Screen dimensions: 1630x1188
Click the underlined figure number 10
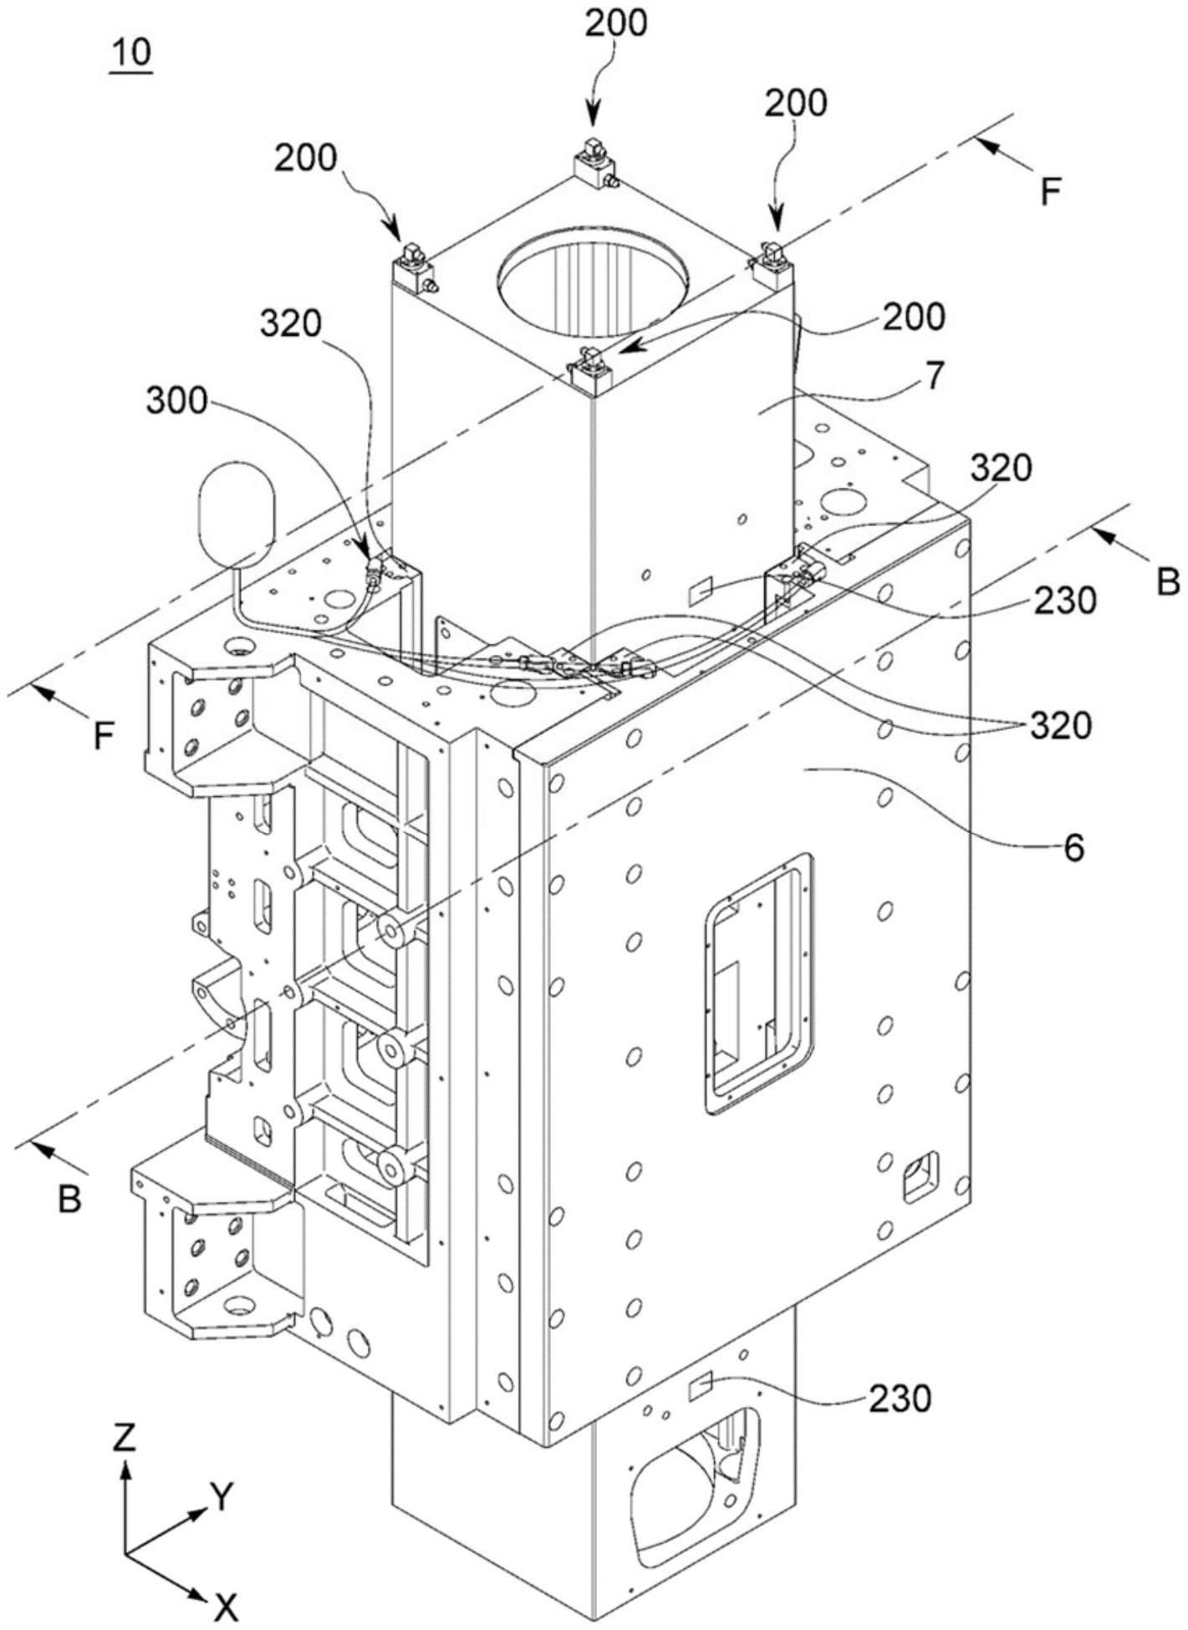[x=130, y=53]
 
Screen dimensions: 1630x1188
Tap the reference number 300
[x=176, y=402]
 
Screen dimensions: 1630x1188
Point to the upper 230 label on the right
[x=1064, y=600]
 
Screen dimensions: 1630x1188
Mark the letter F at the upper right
[x=1050, y=193]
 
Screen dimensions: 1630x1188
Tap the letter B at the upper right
[x=1167, y=581]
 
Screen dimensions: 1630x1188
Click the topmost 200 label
[x=615, y=24]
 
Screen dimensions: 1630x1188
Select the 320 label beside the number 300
[x=290, y=324]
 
